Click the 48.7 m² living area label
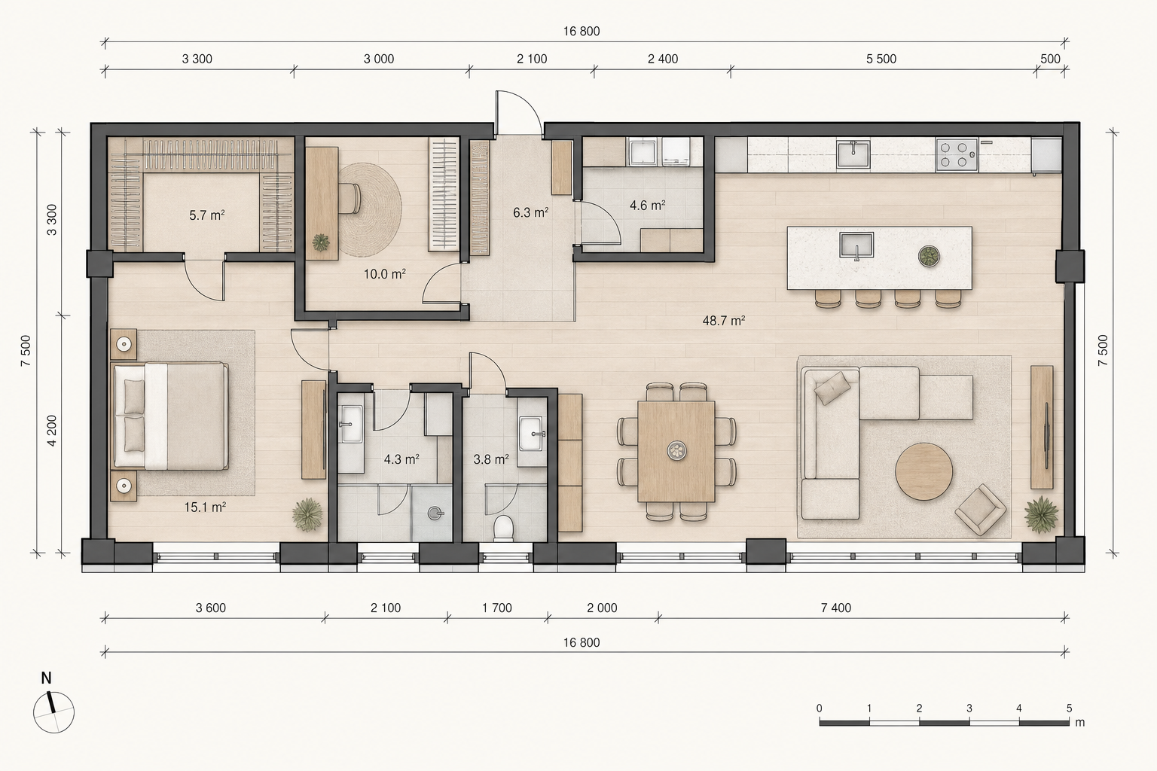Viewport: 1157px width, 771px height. pyautogui.click(x=723, y=321)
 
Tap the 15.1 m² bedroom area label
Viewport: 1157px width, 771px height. pyautogui.click(x=205, y=507)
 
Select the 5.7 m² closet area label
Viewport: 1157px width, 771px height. pyautogui.click(x=206, y=215)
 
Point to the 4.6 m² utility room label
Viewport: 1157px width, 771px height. pyautogui.click(x=647, y=206)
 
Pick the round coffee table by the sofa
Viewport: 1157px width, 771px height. pyautogui.click(x=924, y=471)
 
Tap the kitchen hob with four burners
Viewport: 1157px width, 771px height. pyautogui.click(x=957, y=154)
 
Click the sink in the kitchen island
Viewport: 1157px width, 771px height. pyautogui.click(x=856, y=245)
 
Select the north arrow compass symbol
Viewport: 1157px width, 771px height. pyautogui.click(x=53, y=711)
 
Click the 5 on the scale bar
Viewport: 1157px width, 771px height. pyautogui.click(x=1069, y=708)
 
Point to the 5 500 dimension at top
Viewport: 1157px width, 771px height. pyautogui.click(x=881, y=59)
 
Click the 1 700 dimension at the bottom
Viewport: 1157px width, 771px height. pyautogui.click(x=497, y=608)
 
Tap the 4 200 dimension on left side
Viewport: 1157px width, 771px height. pyautogui.click(x=52, y=430)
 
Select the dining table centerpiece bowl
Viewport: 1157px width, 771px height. pyautogui.click(x=676, y=450)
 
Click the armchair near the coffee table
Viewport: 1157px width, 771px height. pyautogui.click(x=980, y=510)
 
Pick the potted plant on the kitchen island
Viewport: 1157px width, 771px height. pyautogui.click(x=929, y=256)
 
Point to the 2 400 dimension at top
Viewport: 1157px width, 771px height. pyautogui.click(x=663, y=59)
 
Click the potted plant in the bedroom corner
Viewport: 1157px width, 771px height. pyautogui.click(x=307, y=514)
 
